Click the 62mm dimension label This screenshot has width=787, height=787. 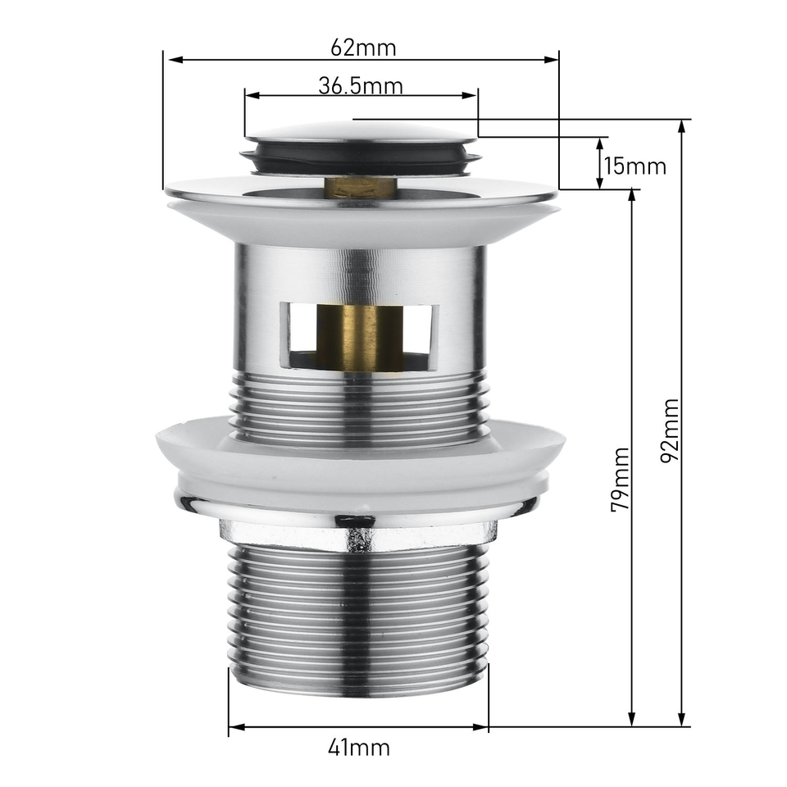pos(363,48)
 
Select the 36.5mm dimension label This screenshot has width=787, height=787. pos(361,86)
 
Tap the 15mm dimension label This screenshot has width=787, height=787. pos(635,166)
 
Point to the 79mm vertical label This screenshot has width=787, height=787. pos(621,480)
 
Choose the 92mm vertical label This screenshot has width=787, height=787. pos(670,430)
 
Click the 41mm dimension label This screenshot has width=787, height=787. pos(359,748)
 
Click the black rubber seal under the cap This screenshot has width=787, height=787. pos(361,157)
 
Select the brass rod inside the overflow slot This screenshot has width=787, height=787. pos(361,338)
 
